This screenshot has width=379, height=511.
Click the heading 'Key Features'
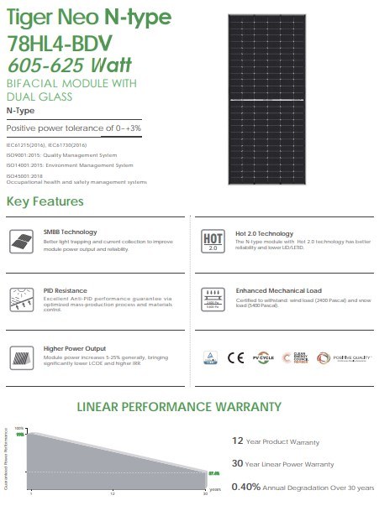[45, 202]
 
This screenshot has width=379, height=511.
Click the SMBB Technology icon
[19, 239]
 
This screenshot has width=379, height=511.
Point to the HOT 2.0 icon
[213, 241]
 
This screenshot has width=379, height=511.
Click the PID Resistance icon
[19, 298]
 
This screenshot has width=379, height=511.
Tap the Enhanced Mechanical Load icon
[213, 298]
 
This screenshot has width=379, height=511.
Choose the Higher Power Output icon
[19, 356]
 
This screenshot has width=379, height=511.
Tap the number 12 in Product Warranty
[238, 441]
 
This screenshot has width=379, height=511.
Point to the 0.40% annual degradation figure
[246, 487]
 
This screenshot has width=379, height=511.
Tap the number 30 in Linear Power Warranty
[239, 463]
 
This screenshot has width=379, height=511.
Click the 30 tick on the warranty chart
[205, 493]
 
